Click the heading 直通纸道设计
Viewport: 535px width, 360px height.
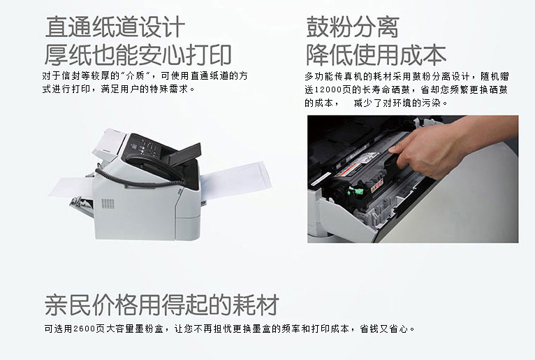[x=115, y=27]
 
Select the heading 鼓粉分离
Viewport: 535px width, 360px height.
[x=353, y=27]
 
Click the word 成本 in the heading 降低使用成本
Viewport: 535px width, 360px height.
[x=423, y=55]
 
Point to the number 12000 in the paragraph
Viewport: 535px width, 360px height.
[x=328, y=90]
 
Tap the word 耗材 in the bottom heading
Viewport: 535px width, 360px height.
[x=256, y=305]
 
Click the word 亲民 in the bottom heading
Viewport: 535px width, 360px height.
[x=67, y=305]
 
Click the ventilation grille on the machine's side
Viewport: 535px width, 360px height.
[x=108, y=204]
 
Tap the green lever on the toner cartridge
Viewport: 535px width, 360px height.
[x=356, y=192]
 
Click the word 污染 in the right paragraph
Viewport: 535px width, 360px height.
[x=431, y=103]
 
